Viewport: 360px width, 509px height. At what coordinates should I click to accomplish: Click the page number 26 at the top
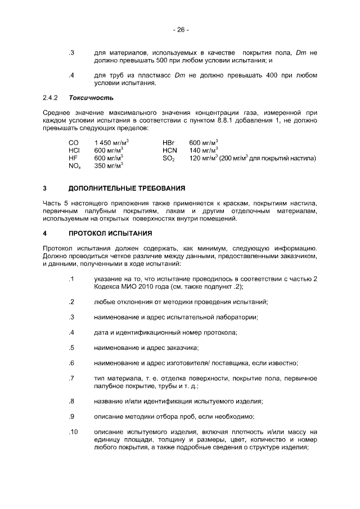(181, 30)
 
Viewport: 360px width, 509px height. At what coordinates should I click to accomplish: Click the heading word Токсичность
(88, 97)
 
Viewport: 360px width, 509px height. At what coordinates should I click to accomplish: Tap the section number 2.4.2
(51, 97)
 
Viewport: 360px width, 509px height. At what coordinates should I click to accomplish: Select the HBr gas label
(169, 142)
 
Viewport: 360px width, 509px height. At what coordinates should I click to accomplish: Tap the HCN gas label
(170, 150)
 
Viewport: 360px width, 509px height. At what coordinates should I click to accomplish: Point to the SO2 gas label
(169, 159)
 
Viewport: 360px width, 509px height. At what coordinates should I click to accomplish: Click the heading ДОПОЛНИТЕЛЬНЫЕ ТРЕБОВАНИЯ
(127, 187)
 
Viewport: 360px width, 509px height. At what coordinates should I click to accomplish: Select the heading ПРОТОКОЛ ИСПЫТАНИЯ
(108, 232)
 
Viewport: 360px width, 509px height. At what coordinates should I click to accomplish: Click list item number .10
(71, 432)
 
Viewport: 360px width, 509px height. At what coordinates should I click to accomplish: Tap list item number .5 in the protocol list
(71, 348)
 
